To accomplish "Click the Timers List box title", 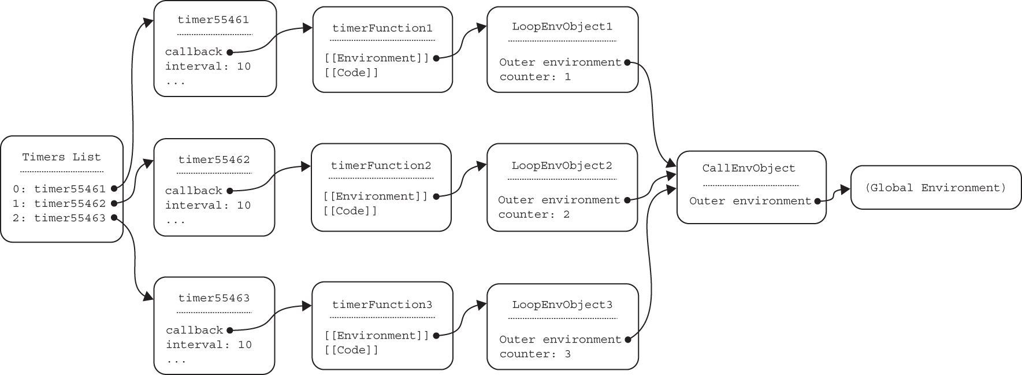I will pos(61,157).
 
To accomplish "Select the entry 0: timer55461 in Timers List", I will pos(59,188).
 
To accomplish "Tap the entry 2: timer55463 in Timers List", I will pos(59,218).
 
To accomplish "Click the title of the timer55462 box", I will pos(214,159).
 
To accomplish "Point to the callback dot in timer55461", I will pos(229,52).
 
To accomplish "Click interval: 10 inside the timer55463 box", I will pos(209,344).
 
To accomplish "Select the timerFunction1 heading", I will pos(382,28).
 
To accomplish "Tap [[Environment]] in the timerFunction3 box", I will pos(377,335).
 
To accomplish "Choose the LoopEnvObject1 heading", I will pos(562,27).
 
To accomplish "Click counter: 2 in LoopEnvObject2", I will pos(534,214).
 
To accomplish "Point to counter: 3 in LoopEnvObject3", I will pos(535,354).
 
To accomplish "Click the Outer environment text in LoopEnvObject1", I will pos(560,62).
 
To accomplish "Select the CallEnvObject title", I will pos(749,168).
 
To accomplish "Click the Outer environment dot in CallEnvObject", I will pos(817,201).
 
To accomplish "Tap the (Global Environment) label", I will pos(935,188).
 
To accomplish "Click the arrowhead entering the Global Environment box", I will pos(845,189).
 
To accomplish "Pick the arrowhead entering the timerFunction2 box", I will pos(306,167).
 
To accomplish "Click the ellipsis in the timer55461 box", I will pos(176,81).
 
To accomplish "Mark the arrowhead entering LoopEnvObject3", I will pos(482,305).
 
